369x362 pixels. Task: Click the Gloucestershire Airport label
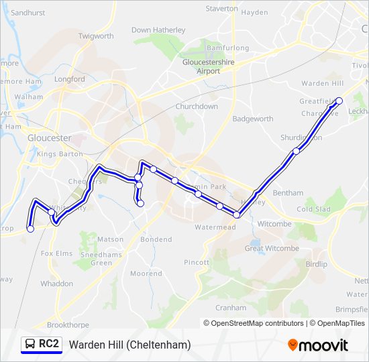tap(201, 66)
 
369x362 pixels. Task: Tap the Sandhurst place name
tap(27, 13)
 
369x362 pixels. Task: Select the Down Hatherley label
tap(158, 30)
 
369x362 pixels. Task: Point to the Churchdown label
tap(197, 107)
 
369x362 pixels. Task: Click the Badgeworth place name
tap(253, 119)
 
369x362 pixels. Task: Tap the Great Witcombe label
tap(272, 248)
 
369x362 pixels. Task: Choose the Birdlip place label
tap(316, 264)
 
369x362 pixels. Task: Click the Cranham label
tap(231, 308)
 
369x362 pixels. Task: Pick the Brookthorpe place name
tap(68, 324)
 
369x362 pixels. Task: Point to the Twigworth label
tap(96, 36)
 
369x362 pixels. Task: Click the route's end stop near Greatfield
tap(339, 101)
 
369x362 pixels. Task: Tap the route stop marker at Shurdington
tap(296, 151)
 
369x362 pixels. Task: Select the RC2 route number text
tap(49, 345)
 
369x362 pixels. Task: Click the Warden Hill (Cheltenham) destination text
tap(129, 345)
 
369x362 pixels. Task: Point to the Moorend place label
tap(146, 274)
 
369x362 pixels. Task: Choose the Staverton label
tap(221, 9)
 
